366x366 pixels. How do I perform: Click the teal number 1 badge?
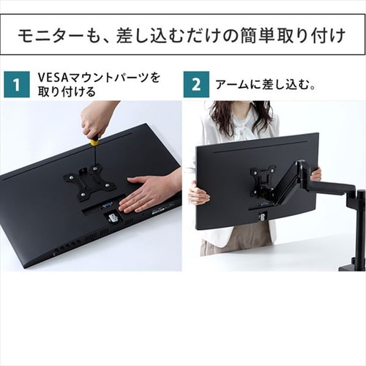15,84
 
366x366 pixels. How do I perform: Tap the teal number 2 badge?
196,84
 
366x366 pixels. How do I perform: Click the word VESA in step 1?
52,77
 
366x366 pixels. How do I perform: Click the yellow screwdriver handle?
94,141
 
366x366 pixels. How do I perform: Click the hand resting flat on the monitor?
150,192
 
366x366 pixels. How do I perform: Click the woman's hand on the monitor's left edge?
197,195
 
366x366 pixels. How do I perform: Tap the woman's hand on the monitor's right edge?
315,174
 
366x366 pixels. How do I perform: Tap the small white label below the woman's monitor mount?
261,216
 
